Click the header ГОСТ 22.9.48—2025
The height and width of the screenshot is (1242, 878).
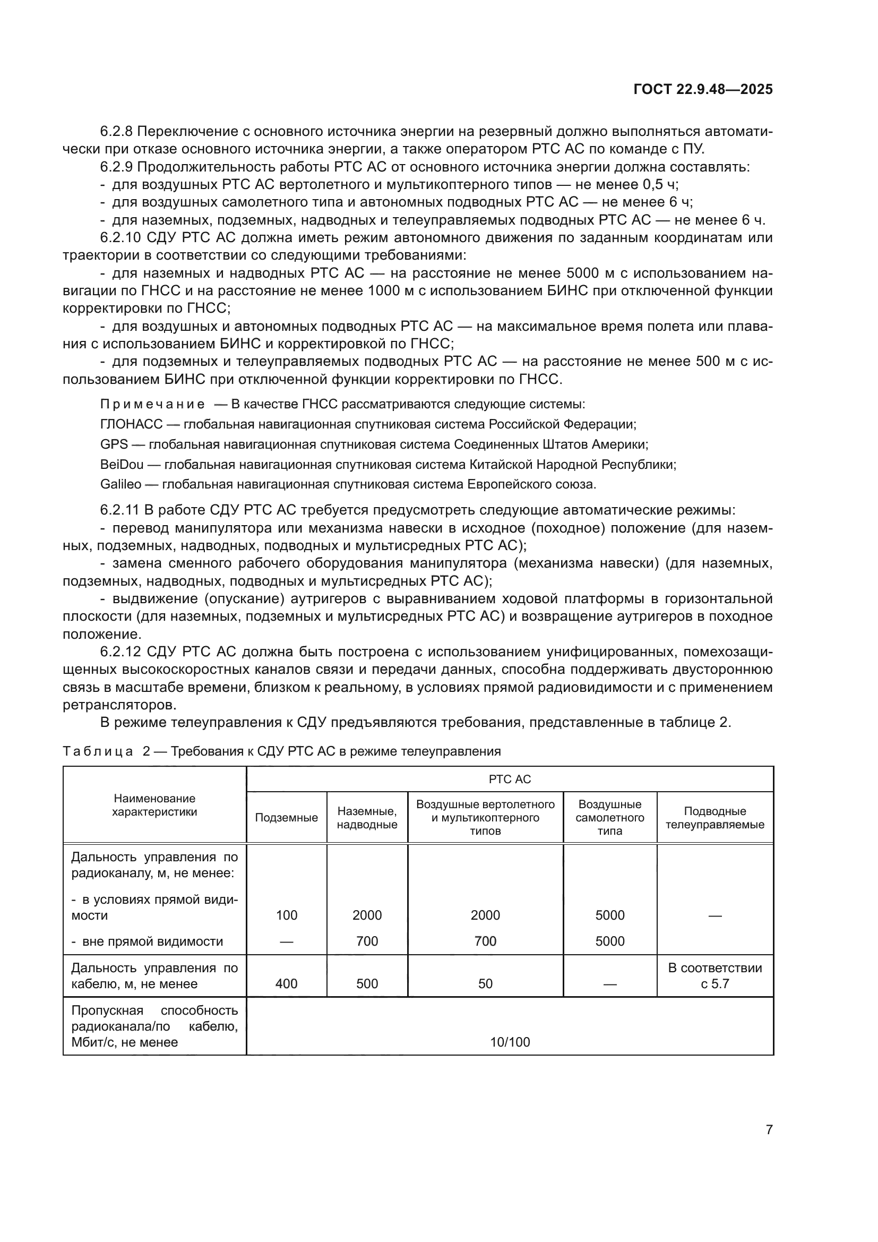click(x=703, y=89)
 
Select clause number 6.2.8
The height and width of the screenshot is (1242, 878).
click(x=116, y=132)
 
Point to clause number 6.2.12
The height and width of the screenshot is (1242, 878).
click(x=120, y=652)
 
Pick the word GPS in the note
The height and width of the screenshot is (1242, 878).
click(x=114, y=444)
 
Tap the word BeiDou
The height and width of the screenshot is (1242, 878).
click(x=122, y=464)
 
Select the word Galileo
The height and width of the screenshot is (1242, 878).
click(x=120, y=484)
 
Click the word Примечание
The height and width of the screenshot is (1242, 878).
click(x=152, y=404)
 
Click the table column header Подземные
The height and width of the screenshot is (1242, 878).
click(x=286, y=817)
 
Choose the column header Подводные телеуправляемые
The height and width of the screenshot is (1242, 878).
click(x=715, y=817)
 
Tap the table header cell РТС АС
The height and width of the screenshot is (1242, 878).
click(x=509, y=779)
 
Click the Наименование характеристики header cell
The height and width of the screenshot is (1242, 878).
click(x=154, y=805)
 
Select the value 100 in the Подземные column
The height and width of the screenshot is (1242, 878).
click(x=286, y=915)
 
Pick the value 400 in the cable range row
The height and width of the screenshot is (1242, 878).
click(x=286, y=983)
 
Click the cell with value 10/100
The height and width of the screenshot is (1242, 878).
click(x=509, y=1042)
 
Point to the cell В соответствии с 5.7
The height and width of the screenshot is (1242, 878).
click(x=715, y=976)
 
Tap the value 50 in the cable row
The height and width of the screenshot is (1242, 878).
click(x=485, y=983)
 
